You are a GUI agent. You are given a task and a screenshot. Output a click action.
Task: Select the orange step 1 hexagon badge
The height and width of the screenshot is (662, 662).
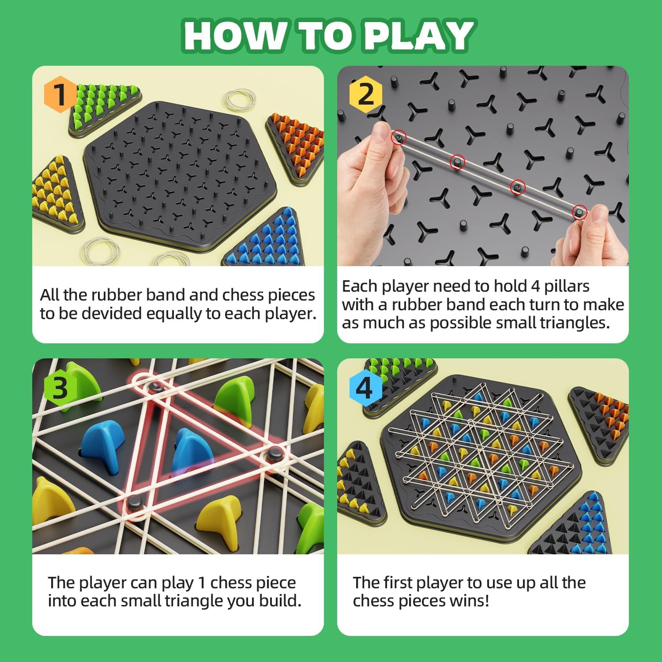tap(59, 94)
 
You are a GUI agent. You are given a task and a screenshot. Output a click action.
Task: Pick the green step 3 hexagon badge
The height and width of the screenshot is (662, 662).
tap(60, 387)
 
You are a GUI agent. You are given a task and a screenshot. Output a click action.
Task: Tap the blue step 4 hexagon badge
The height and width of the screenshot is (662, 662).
tap(365, 388)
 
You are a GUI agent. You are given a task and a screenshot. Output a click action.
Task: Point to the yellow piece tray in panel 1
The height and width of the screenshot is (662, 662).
tap(56, 194)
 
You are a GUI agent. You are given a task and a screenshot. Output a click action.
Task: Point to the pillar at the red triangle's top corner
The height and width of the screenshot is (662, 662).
tap(154, 387)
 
